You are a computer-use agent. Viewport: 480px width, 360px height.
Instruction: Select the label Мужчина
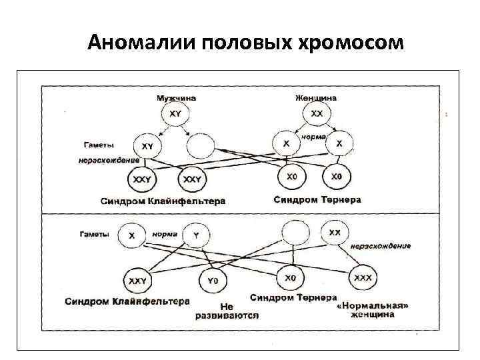(x=176, y=98)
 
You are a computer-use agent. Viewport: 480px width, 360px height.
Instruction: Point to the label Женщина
(x=316, y=98)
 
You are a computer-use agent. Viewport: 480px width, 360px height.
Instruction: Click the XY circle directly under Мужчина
(x=175, y=115)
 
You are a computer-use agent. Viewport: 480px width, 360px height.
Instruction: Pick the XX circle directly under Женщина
(x=317, y=114)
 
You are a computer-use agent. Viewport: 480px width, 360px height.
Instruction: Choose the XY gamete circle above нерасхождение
(x=147, y=145)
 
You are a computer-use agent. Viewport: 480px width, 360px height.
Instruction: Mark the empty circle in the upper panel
(x=201, y=145)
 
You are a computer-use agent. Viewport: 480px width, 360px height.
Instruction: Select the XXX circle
(x=363, y=277)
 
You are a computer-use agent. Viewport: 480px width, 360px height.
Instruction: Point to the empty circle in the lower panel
(x=294, y=233)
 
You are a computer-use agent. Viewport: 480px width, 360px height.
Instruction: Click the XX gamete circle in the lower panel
(x=334, y=233)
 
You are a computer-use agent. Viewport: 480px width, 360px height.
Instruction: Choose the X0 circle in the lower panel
(x=290, y=278)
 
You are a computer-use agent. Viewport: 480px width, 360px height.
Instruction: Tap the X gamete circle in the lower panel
(x=131, y=235)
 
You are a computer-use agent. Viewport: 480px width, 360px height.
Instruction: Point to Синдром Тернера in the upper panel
(x=317, y=199)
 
